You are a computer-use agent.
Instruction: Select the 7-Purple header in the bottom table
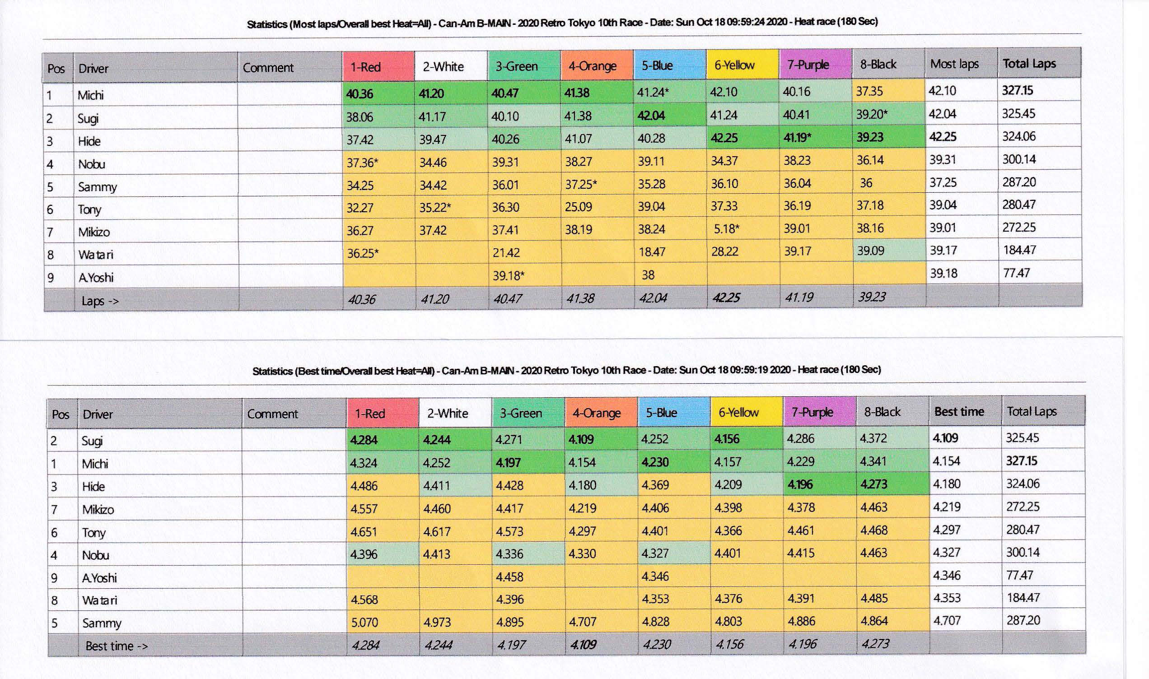[x=812, y=412]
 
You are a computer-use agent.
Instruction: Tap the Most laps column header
[x=954, y=64]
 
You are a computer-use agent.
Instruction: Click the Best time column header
[x=959, y=412]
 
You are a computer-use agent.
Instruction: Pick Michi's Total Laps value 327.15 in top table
[x=1017, y=90]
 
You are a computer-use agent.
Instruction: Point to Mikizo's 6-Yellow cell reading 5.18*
[x=726, y=228]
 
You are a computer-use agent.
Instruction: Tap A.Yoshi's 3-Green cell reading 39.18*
[x=508, y=275]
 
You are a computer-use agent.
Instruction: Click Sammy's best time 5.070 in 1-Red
[x=364, y=622]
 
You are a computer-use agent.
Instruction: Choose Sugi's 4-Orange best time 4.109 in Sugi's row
[x=581, y=439]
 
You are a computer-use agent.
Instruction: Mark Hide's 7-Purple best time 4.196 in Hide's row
[x=800, y=484]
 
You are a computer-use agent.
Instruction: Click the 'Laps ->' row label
[x=100, y=301]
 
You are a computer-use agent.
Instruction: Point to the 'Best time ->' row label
[x=116, y=646]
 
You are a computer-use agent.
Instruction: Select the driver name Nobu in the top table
[x=92, y=164]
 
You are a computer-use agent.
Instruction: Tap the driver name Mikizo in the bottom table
[x=98, y=509]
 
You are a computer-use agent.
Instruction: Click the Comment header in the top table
[x=268, y=68]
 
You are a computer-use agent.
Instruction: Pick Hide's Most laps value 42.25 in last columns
[x=942, y=137]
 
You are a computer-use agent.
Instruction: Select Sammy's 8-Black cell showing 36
[x=866, y=183]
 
